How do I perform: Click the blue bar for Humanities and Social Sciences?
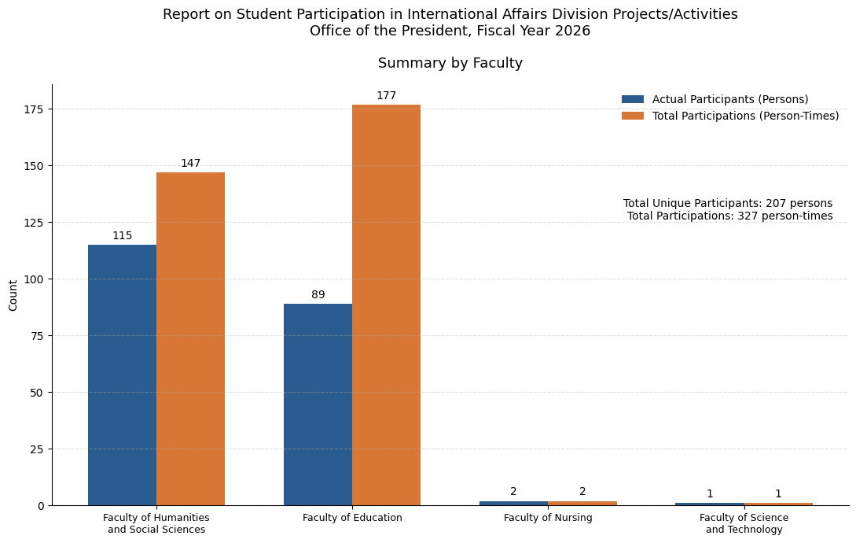(x=123, y=375)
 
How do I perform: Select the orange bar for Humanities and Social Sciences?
(x=190, y=339)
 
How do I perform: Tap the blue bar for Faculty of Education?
(x=318, y=404)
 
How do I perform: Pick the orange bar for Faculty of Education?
(x=387, y=305)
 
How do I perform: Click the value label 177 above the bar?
(x=387, y=96)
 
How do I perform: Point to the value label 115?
(x=123, y=235)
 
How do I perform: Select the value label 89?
(x=318, y=295)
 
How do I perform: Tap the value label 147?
(x=190, y=164)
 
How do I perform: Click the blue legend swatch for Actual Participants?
(x=633, y=99)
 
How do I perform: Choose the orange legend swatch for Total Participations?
(x=633, y=116)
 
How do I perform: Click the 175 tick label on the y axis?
(x=35, y=109)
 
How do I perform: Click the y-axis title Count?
(x=13, y=295)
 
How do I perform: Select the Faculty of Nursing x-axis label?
(x=548, y=517)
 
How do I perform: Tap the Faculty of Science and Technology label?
(x=744, y=523)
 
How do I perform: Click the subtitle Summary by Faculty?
(x=450, y=63)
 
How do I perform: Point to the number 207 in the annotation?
(x=776, y=203)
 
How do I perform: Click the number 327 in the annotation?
(x=748, y=216)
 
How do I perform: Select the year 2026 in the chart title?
(x=573, y=31)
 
